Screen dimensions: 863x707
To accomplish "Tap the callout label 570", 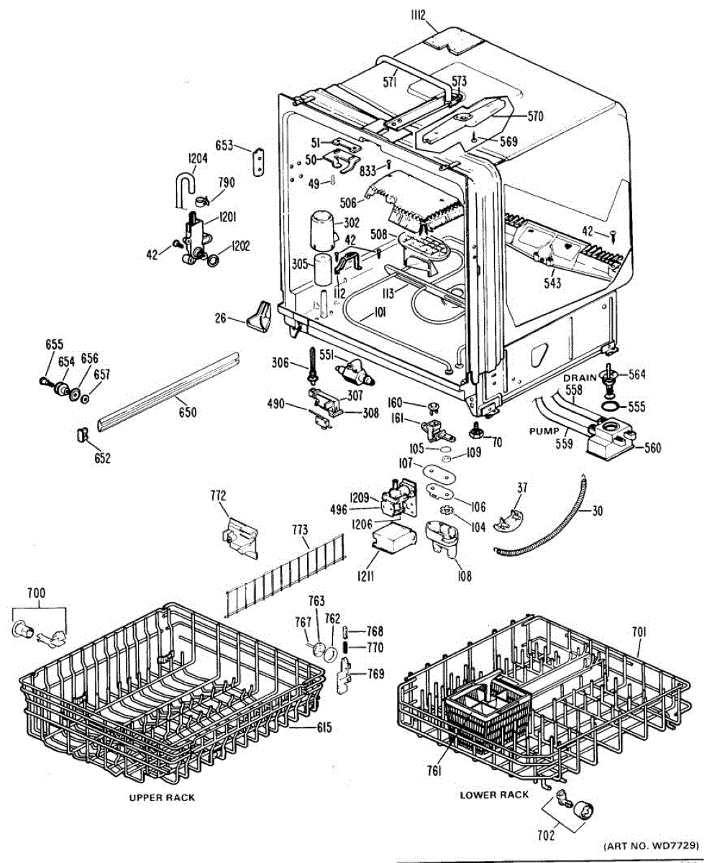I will tap(535, 115).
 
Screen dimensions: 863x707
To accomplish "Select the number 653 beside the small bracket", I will tap(224, 146).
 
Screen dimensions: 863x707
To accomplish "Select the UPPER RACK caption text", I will tap(162, 798).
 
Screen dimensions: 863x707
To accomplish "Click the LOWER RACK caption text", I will tap(494, 795).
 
